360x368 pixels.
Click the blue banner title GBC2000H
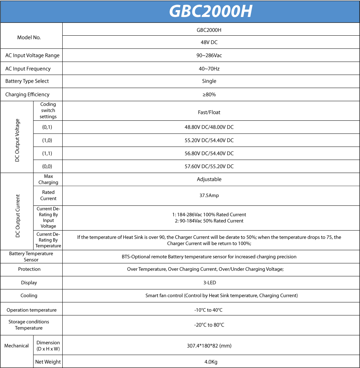[x=211, y=12]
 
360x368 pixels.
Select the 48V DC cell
[x=209, y=42]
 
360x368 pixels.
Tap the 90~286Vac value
[x=209, y=56]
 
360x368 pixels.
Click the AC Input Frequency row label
[x=28, y=68]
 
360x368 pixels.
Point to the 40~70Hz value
[x=209, y=68]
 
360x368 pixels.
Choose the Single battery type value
[x=209, y=81]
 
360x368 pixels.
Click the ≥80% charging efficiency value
[x=209, y=94]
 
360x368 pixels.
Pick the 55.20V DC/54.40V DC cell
[x=209, y=140]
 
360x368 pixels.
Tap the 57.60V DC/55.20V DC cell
[x=209, y=166]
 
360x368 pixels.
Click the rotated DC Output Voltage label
[x=17, y=140]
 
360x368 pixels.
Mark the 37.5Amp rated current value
[x=209, y=195]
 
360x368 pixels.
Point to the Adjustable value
[x=209, y=179]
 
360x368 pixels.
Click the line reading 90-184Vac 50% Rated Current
[x=209, y=221]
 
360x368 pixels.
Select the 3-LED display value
[x=209, y=283]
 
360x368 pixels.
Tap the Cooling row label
[x=29, y=296]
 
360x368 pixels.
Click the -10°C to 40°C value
[x=209, y=310]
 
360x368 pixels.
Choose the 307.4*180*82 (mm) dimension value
[x=209, y=346]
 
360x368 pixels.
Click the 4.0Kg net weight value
[x=209, y=362]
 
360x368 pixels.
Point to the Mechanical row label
[x=17, y=346]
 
